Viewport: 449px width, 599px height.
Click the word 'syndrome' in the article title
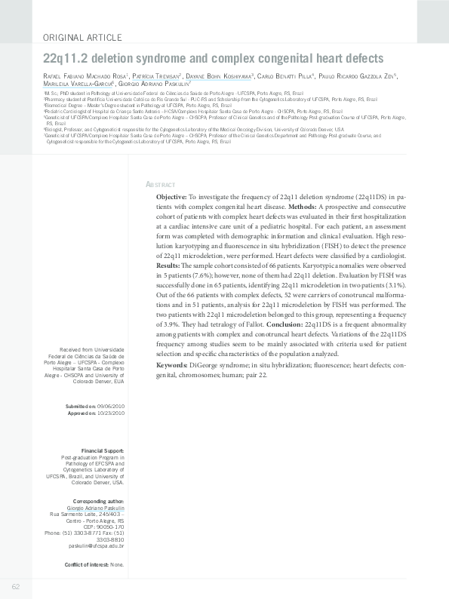[x=155, y=58]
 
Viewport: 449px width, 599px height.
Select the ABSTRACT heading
[x=160, y=185]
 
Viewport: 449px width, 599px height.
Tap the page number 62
[x=15, y=587]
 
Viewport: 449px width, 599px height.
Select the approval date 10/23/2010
[x=109, y=413]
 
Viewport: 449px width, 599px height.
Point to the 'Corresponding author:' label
[x=98, y=501]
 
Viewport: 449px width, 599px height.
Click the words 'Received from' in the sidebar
[x=75, y=349]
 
